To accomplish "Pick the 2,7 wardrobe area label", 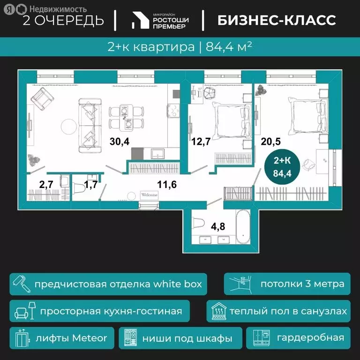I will (x=46, y=184).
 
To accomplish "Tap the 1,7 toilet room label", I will (x=91, y=184).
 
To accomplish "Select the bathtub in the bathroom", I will (x=244, y=226).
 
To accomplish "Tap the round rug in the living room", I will (x=69, y=125).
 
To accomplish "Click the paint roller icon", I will (x=21, y=284).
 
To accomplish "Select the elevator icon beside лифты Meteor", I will (x=21, y=337).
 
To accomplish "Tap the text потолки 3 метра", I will (x=302, y=284).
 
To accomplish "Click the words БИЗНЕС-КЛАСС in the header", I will (x=277, y=20).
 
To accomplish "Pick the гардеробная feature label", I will (x=310, y=337).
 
